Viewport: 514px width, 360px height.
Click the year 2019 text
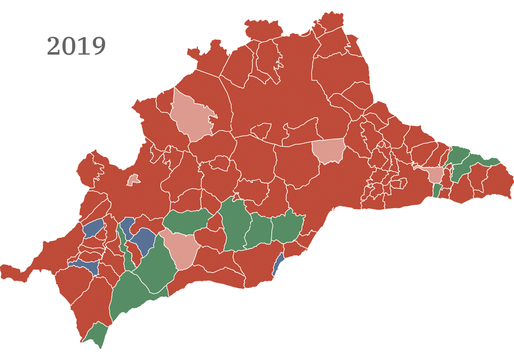click(x=76, y=46)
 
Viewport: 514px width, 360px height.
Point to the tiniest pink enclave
click(x=134, y=180)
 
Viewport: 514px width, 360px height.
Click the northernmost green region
click(x=458, y=154)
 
